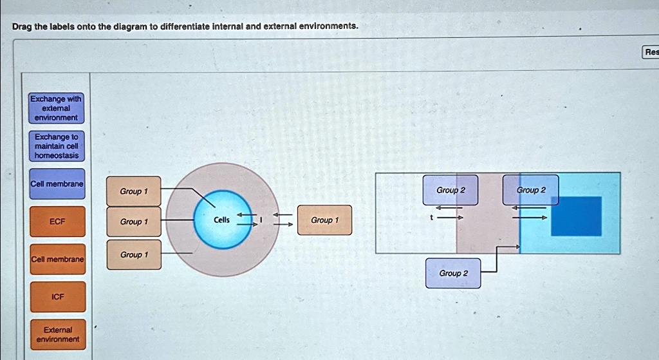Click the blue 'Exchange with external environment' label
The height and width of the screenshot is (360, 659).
point(57,108)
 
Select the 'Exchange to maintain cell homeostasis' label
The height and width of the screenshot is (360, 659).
point(57,146)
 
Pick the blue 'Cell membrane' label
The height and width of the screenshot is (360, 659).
point(57,184)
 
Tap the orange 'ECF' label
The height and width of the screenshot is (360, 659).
point(57,222)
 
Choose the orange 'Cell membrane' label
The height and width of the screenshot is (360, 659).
point(57,259)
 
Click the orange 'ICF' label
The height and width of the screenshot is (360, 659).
point(57,297)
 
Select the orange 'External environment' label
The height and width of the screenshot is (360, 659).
point(57,334)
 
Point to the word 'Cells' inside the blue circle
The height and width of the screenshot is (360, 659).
point(221,220)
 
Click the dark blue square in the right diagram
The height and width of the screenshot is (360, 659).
point(576,216)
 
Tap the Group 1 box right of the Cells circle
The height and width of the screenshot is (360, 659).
point(324,220)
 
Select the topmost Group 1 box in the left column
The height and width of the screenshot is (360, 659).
point(133,191)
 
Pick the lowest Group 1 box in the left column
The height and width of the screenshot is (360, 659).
point(133,255)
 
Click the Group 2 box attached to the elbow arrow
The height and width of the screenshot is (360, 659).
point(452,273)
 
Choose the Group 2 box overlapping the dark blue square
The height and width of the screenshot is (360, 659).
point(530,190)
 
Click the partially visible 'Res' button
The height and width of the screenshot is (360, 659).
point(650,52)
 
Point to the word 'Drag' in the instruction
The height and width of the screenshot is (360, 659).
point(23,26)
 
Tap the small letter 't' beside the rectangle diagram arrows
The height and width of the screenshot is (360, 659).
point(433,218)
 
